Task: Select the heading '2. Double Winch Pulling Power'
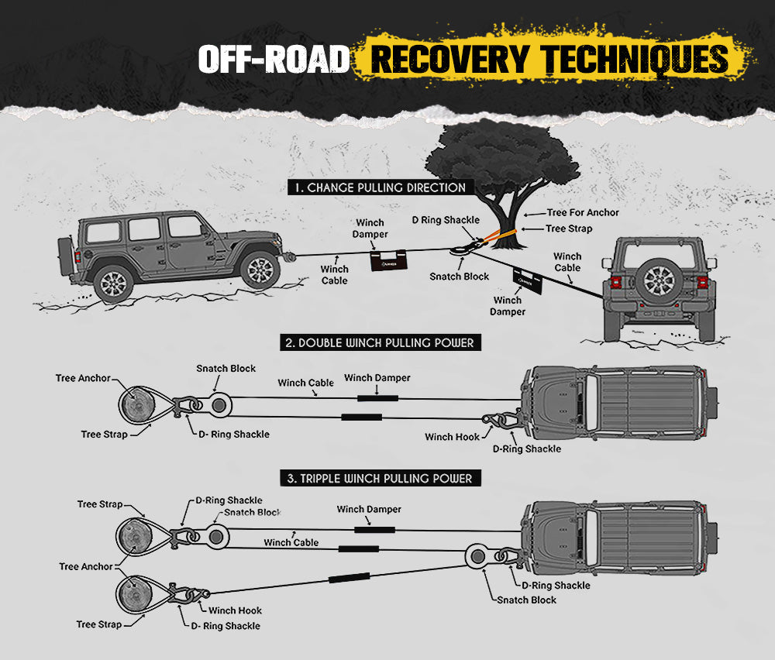coord(379,342)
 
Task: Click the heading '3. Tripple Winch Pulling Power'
coord(379,479)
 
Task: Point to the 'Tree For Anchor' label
coord(583,212)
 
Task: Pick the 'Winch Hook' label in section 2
coord(452,437)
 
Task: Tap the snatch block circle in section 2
coord(218,405)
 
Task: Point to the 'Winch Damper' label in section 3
coord(369,510)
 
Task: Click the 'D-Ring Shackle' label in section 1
coord(446,221)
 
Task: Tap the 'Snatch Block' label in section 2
coord(226,369)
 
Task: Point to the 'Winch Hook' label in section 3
coord(235,610)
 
